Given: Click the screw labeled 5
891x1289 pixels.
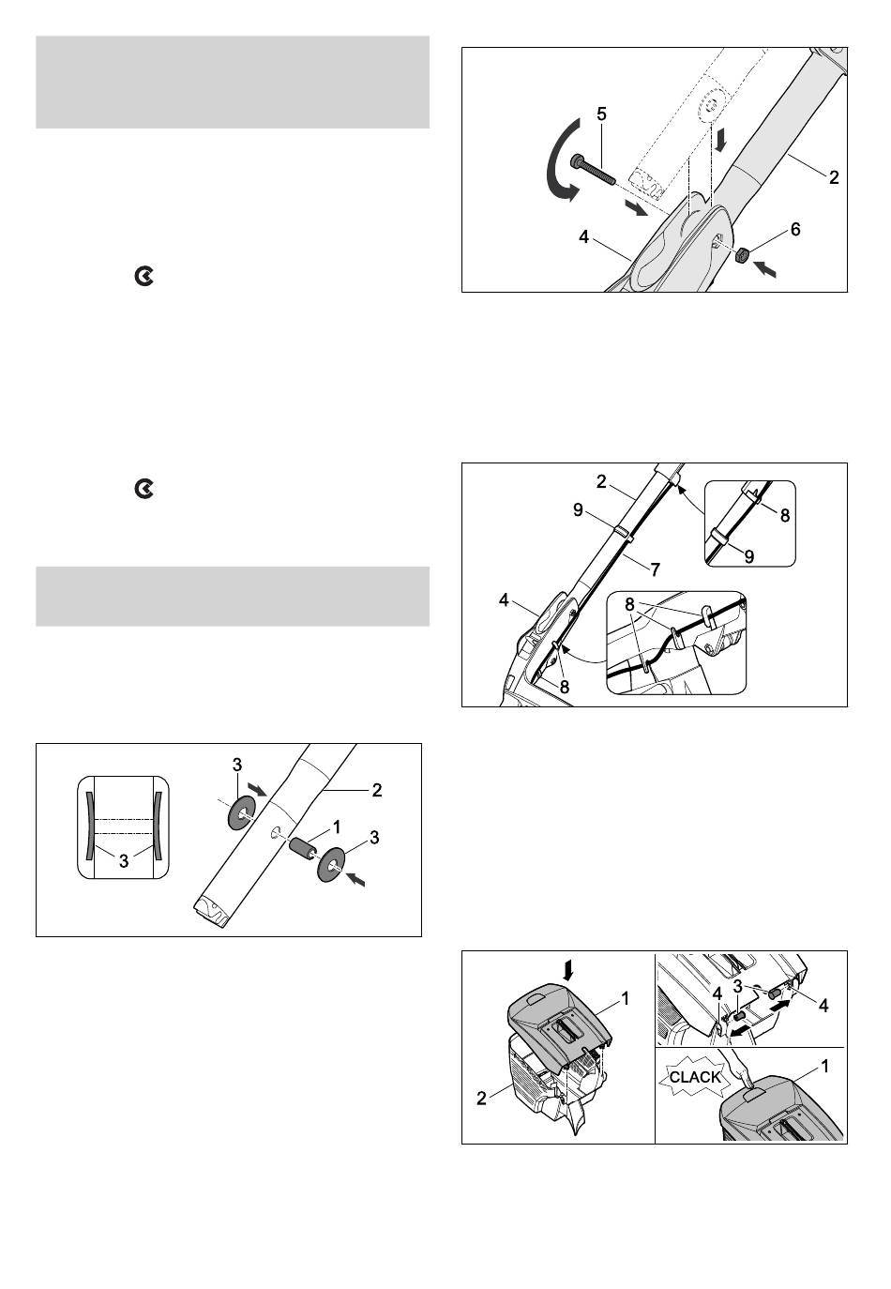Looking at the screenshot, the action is pos(593,172).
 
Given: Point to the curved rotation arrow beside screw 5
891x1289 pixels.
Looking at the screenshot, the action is pos(560,159).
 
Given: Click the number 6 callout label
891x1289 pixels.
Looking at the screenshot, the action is pos(795,229).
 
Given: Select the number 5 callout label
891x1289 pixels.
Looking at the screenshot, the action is pos(601,114).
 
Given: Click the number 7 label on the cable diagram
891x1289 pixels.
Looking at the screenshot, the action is pos(655,569).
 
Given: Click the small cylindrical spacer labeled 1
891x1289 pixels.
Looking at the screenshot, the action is pos(303,849).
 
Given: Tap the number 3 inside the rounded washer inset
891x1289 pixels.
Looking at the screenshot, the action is pos(124,861).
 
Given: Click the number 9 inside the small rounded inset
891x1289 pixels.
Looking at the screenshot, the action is pos(748,556).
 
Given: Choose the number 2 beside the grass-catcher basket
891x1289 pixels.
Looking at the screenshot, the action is pos(481,1099).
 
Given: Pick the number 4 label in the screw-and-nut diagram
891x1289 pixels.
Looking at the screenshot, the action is pos(583,236).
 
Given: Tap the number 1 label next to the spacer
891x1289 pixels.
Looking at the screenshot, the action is pos(336,827).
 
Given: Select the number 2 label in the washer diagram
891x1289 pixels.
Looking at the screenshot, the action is pos(377,790).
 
